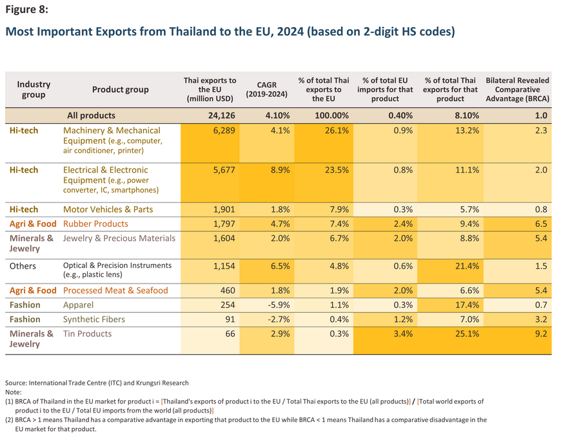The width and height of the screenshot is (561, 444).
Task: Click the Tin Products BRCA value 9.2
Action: point(541,334)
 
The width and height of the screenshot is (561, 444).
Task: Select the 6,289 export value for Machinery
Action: point(224,130)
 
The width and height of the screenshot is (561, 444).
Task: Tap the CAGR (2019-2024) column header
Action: point(266,90)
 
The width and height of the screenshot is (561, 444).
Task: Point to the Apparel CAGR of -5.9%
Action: point(279,305)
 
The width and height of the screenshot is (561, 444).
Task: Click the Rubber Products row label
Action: point(95,224)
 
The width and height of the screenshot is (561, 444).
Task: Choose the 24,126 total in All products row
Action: point(221,115)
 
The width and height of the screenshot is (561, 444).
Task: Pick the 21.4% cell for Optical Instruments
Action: point(467,266)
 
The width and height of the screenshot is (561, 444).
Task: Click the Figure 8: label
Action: point(26,9)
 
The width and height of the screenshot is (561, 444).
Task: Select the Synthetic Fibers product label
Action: point(94,319)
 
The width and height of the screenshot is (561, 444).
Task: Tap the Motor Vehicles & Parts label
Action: point(108,209)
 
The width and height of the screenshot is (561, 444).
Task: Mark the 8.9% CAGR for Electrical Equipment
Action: point(280,170)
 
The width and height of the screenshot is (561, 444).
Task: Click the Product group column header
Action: point(120,90)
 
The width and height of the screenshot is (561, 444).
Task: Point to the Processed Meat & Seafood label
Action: point(115,290)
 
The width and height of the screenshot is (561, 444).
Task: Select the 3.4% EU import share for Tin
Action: point(403,334)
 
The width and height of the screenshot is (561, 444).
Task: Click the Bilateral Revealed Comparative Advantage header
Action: point(517,90)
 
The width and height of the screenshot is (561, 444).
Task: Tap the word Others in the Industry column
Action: point(23,266)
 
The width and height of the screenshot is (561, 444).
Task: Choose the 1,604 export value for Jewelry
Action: point(224,238)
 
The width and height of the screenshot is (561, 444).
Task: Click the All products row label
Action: point(91,115)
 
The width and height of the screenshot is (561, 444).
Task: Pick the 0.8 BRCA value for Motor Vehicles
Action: point(541,209)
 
